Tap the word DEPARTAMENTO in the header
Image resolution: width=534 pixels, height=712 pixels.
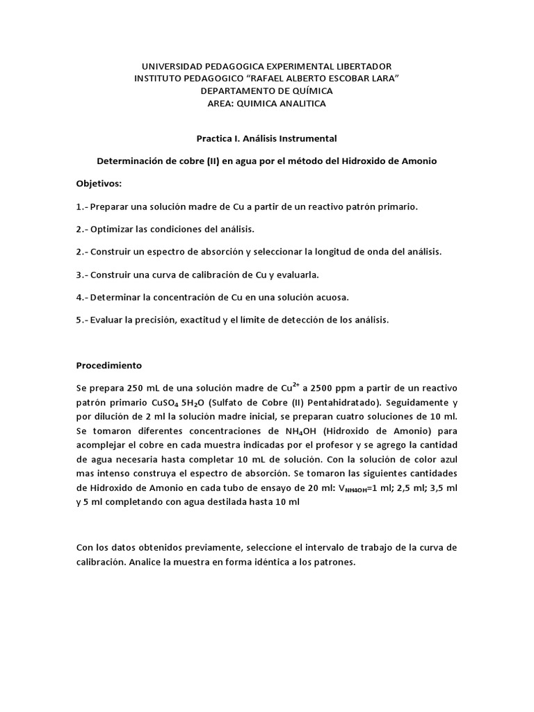tap(236, 91)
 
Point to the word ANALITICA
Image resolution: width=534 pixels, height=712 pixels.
tap(297, 104)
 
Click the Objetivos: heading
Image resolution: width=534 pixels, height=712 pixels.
tap(98, 184)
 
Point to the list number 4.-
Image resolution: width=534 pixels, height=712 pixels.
tap(82, 297)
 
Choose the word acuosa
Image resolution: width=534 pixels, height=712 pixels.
tap(330, 297)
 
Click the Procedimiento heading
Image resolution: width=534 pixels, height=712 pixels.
tap(108, 364)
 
